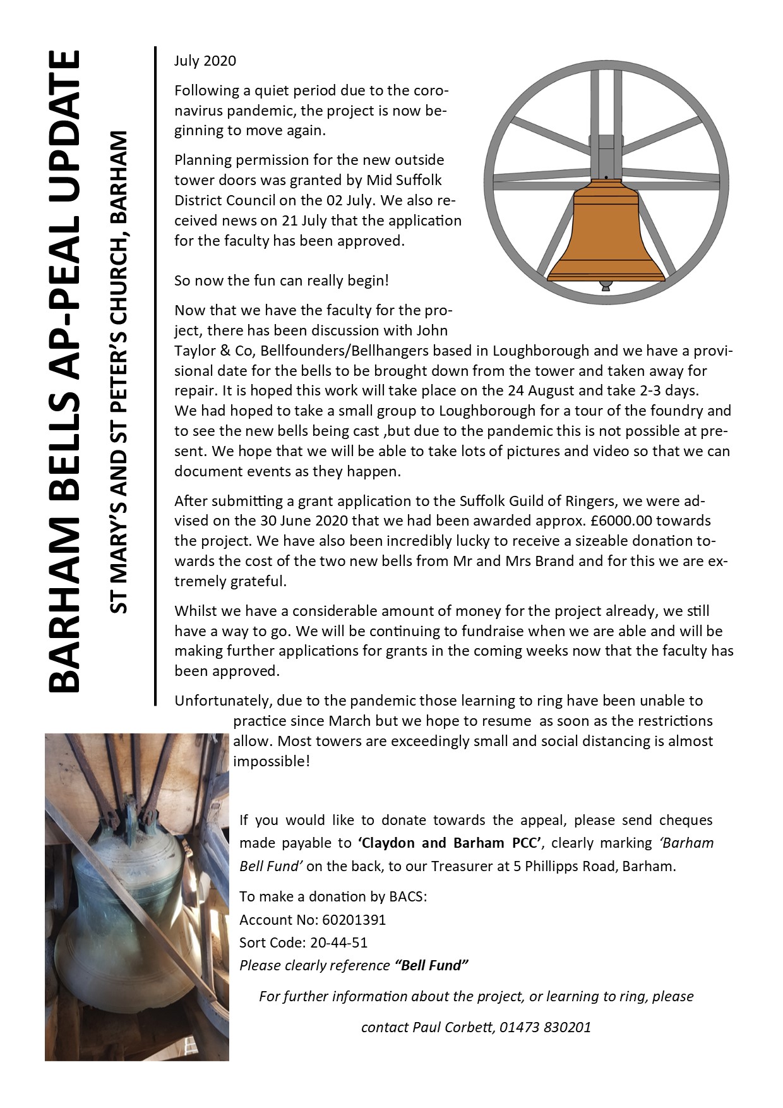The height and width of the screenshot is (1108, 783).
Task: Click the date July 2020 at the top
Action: coord(205,61)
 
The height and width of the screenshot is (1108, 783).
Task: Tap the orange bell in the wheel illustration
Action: coord(606,234)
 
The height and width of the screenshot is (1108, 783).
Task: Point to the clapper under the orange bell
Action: coord(606,286)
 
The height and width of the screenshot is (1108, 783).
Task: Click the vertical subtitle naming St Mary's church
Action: coord(118,373)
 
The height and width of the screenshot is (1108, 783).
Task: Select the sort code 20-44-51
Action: coord(339,942)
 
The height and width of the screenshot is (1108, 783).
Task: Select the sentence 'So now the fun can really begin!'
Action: coord(282,280)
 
